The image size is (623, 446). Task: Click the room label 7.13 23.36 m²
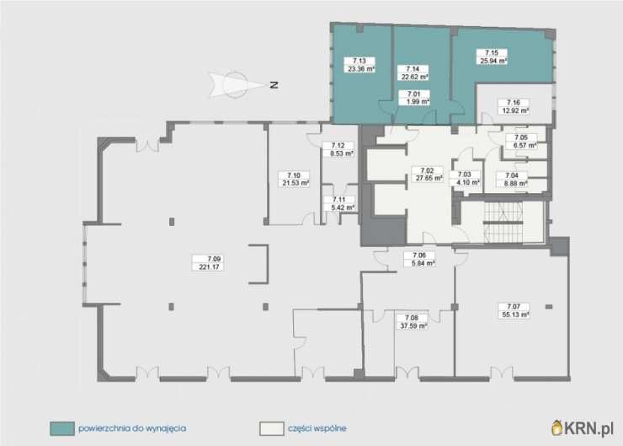click(359, 65)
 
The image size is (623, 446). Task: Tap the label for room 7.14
click(413, 73)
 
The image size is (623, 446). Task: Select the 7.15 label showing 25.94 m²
click(493, 56)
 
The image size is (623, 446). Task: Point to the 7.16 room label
click(514, 106)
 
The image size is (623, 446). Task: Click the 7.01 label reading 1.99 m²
click(414, 98)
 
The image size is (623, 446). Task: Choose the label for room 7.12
click(338, 149)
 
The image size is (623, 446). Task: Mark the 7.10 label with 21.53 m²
click(294, 180)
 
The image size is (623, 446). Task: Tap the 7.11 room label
click(339, 204)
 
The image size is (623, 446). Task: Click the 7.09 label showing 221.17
click(208, 263)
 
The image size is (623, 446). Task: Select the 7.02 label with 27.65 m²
click(427, 175)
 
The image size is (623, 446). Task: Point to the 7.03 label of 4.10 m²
click(465, 179)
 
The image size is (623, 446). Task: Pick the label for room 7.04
click(512, 180)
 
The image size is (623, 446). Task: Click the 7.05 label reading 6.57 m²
click(521, 142)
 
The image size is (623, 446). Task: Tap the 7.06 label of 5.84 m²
click(419, 259)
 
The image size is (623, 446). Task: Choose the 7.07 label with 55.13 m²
click(514, 310)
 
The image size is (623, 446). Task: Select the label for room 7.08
click(412, 322)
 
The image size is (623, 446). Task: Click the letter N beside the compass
click(274, 85)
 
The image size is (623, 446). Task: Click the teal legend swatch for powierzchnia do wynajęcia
click(62, 428)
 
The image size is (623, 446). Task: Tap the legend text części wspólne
click(317, 428)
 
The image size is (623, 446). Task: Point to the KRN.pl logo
click(582, 427)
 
